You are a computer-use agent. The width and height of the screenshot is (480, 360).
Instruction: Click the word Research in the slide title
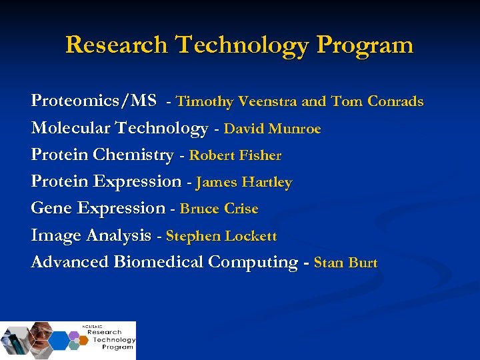pyautogui.click(x=116, y=45)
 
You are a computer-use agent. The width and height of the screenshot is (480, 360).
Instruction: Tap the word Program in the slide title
pyautogui.click(x=365, y=45)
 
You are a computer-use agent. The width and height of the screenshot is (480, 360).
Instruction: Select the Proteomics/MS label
pyautogui.click(x=93, y=101)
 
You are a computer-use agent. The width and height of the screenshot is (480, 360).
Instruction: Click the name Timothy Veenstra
pyautogui.click(x=237, y=102)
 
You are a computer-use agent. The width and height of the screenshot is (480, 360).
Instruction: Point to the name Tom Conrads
pyautogui.click(x=377, y=102)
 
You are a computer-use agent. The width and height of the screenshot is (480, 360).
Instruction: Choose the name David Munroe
pyautogui.click(x=272, y=129)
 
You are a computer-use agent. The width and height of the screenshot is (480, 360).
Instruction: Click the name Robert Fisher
pyautogui.click(x=235, y=155)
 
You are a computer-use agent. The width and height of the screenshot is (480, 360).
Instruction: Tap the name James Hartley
pyautogui.click(x=244, y=182)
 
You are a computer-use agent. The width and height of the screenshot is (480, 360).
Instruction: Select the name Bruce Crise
pyautogui.click(x=219, y=209)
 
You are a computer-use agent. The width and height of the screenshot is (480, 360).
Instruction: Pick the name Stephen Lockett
pyautogui.click(x=221, y=235)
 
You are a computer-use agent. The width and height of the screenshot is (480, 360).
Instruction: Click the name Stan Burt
pyautogui.click(x=345, y=263)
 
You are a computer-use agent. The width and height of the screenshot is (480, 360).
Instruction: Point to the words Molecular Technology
pyautogui.click(x=119, y=128)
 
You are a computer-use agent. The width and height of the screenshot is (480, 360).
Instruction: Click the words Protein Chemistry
pyautogui.click(x=102, y=155)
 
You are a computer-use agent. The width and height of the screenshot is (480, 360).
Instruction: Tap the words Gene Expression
pyautogui.click(x=98, y=208)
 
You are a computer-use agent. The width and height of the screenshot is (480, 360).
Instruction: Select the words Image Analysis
pyautogui.click(x=91, y=235)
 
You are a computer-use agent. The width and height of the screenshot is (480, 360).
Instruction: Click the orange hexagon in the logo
pyautogui.click(x=83, y=340)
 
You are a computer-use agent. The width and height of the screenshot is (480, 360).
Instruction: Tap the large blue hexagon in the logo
pyautogui.click(x=59, y=339)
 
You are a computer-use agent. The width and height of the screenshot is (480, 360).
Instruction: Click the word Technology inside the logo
pyautogui.click(x=114, y=339)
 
